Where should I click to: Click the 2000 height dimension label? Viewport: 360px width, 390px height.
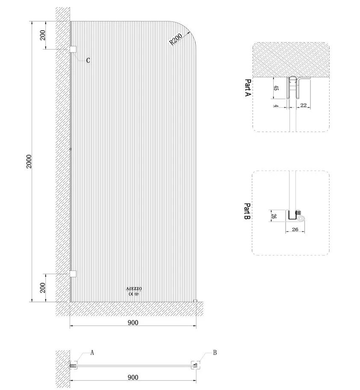point(29,161)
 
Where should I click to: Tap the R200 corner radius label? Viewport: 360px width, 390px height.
point(176,39)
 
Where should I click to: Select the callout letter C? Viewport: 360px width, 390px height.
point(88,60)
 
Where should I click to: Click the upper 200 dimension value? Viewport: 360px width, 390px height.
point(43,35)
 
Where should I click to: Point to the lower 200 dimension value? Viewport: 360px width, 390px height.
point(43,287)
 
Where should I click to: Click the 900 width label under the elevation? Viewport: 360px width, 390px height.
point(133,323)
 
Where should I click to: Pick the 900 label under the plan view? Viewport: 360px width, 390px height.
point(133,377)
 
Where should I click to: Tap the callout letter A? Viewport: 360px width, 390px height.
point(92,352)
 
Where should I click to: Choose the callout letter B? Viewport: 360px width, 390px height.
point(215,352)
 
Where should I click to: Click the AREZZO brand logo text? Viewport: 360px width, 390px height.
point(134,289)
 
